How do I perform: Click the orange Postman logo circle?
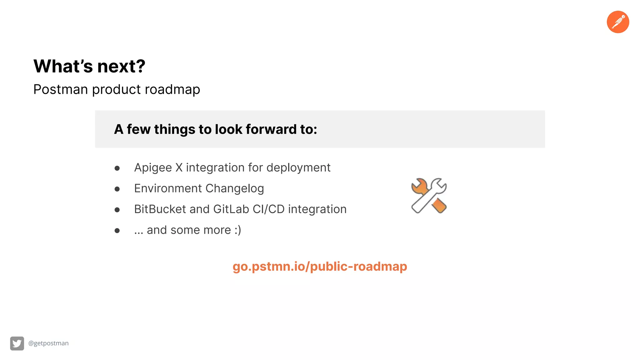point(618,22)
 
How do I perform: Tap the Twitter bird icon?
point(17,343)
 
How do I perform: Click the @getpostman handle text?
point(48,343)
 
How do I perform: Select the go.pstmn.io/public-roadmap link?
point(320,267)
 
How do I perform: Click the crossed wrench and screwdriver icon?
point(429,196)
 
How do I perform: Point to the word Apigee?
point(153,168)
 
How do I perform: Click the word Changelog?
point(234,189)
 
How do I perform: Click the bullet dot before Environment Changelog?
point(117,189)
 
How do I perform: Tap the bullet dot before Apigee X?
point(117,168)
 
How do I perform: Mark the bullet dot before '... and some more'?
point(117,231)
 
